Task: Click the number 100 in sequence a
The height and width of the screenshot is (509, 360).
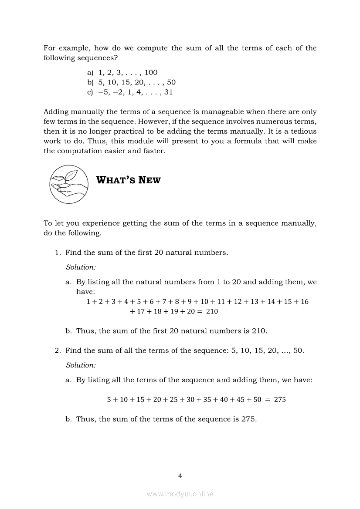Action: tap(151, 73)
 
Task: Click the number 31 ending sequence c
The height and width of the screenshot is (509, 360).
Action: tap(168, 92)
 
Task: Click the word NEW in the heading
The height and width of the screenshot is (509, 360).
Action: tap(149, 180)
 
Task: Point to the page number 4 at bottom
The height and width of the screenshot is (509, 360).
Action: tap(180, 476)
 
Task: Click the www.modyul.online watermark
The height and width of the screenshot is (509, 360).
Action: tap(180, 494)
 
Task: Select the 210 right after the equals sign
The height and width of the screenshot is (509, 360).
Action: tap(212, 311)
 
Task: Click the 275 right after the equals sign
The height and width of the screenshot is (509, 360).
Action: tap(280, 399)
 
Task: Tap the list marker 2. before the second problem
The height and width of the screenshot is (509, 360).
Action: tap(58, 351)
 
